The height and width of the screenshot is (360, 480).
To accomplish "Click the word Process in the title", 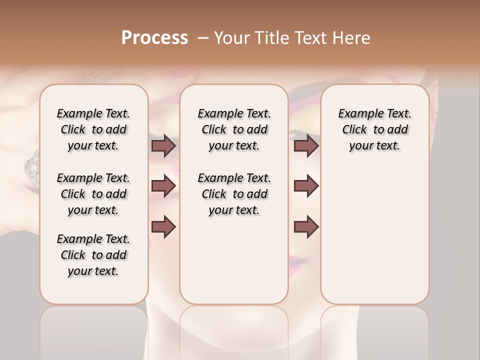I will [154, 37].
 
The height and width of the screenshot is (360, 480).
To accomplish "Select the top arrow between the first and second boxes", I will [163, 145].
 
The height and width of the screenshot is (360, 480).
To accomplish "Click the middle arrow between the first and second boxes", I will [163, 186].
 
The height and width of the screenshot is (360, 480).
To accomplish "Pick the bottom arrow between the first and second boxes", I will [163, 226].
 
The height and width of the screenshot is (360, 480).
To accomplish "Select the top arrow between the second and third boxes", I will [306, 145].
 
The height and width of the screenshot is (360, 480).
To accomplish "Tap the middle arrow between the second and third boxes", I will [306, 186].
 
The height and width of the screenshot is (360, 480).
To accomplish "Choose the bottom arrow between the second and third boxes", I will [306, 226].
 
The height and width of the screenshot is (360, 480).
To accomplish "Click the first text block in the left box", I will [93, 129].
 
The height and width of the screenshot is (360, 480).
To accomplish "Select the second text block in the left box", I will [93, 194].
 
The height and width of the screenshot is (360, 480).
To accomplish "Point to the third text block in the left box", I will [93, 255].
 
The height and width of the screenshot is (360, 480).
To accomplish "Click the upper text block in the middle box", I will [234, 129].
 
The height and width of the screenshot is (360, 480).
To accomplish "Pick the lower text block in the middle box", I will [234, 194].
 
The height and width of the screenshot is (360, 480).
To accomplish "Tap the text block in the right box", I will [374, 129].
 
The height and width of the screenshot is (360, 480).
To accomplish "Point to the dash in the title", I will [203, 38].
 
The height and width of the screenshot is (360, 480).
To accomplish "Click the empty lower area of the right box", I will [374, 235].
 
